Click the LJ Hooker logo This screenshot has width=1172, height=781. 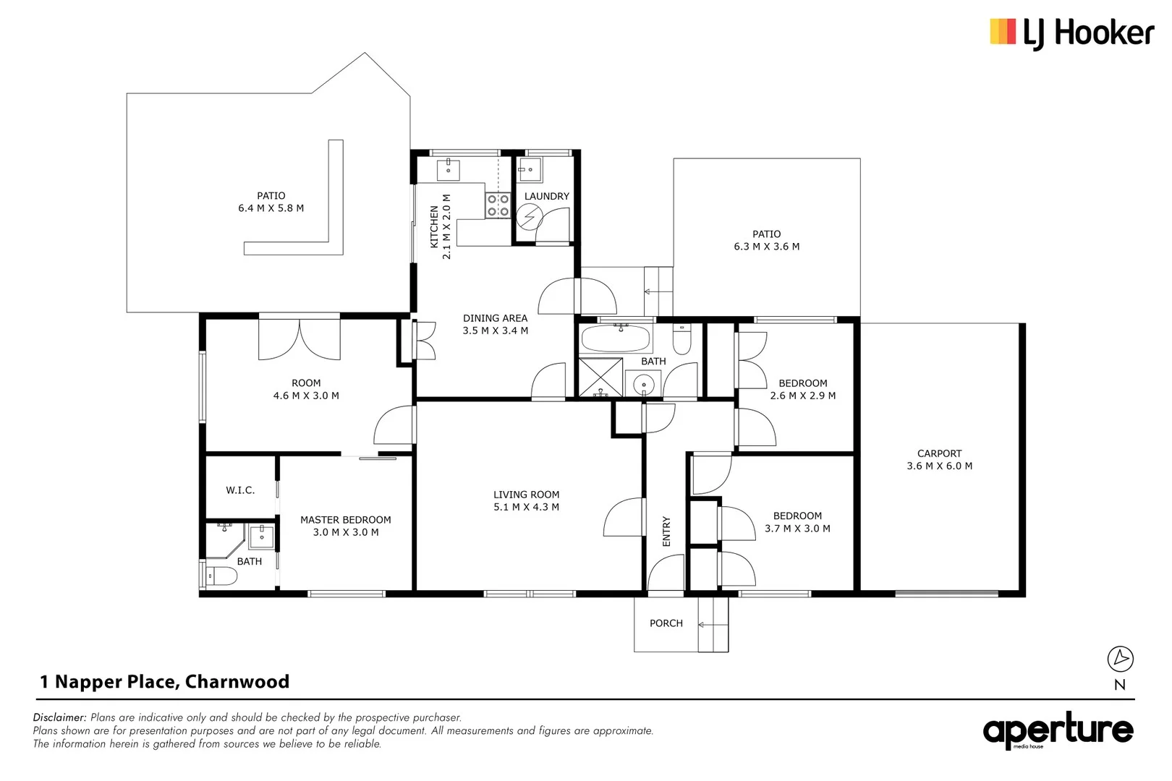click(1071, 33)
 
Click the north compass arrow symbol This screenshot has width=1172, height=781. click(1120, 658)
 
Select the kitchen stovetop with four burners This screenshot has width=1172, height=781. click(498, 205)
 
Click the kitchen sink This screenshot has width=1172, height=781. click(449, 169)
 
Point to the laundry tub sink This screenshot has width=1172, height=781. click(530, 169)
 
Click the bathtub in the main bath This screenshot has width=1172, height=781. click(616, 338)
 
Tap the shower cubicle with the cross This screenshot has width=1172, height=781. click(600, 377)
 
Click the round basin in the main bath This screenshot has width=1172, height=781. click(643, 384)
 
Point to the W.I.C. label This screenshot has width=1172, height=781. click(240, 490)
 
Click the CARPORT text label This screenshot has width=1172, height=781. click(939, 453)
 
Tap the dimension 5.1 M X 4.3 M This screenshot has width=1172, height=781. click(526, 507)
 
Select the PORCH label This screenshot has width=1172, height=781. click(666, 623)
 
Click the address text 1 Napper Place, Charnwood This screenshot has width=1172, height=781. click(164, 682)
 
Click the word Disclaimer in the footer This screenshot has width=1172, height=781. click(59, 717)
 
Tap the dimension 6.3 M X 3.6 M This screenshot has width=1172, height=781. click(766, 247)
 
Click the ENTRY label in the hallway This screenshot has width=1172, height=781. click(666, 532)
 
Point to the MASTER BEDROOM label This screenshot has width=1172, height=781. click(345, 520)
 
